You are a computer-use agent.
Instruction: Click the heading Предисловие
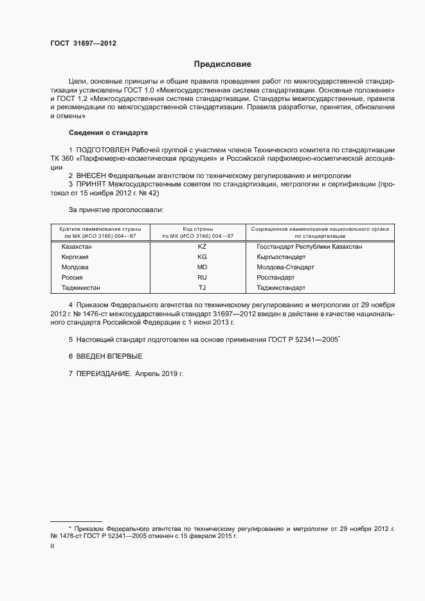(222, 64)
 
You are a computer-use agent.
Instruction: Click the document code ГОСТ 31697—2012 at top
(83, 43)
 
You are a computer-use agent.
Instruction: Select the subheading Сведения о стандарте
(108, 132)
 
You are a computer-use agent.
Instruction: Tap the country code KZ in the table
(202, 246)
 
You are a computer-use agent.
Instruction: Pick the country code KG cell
(202, 256)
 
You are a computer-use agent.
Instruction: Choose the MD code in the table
(202, 267)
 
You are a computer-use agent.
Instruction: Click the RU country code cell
(202, 277)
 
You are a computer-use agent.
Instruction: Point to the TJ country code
(202, 287)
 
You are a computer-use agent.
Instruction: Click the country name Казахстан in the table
(77, 246)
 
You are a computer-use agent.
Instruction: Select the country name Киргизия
(75, 256)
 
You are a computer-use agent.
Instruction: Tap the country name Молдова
(75, 267)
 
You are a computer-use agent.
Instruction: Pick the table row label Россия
(72, 277)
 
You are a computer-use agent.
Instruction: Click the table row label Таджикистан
(81, 287)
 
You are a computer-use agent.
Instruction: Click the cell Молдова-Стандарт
(285, 267)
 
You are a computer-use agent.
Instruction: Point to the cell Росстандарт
(275, 277)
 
